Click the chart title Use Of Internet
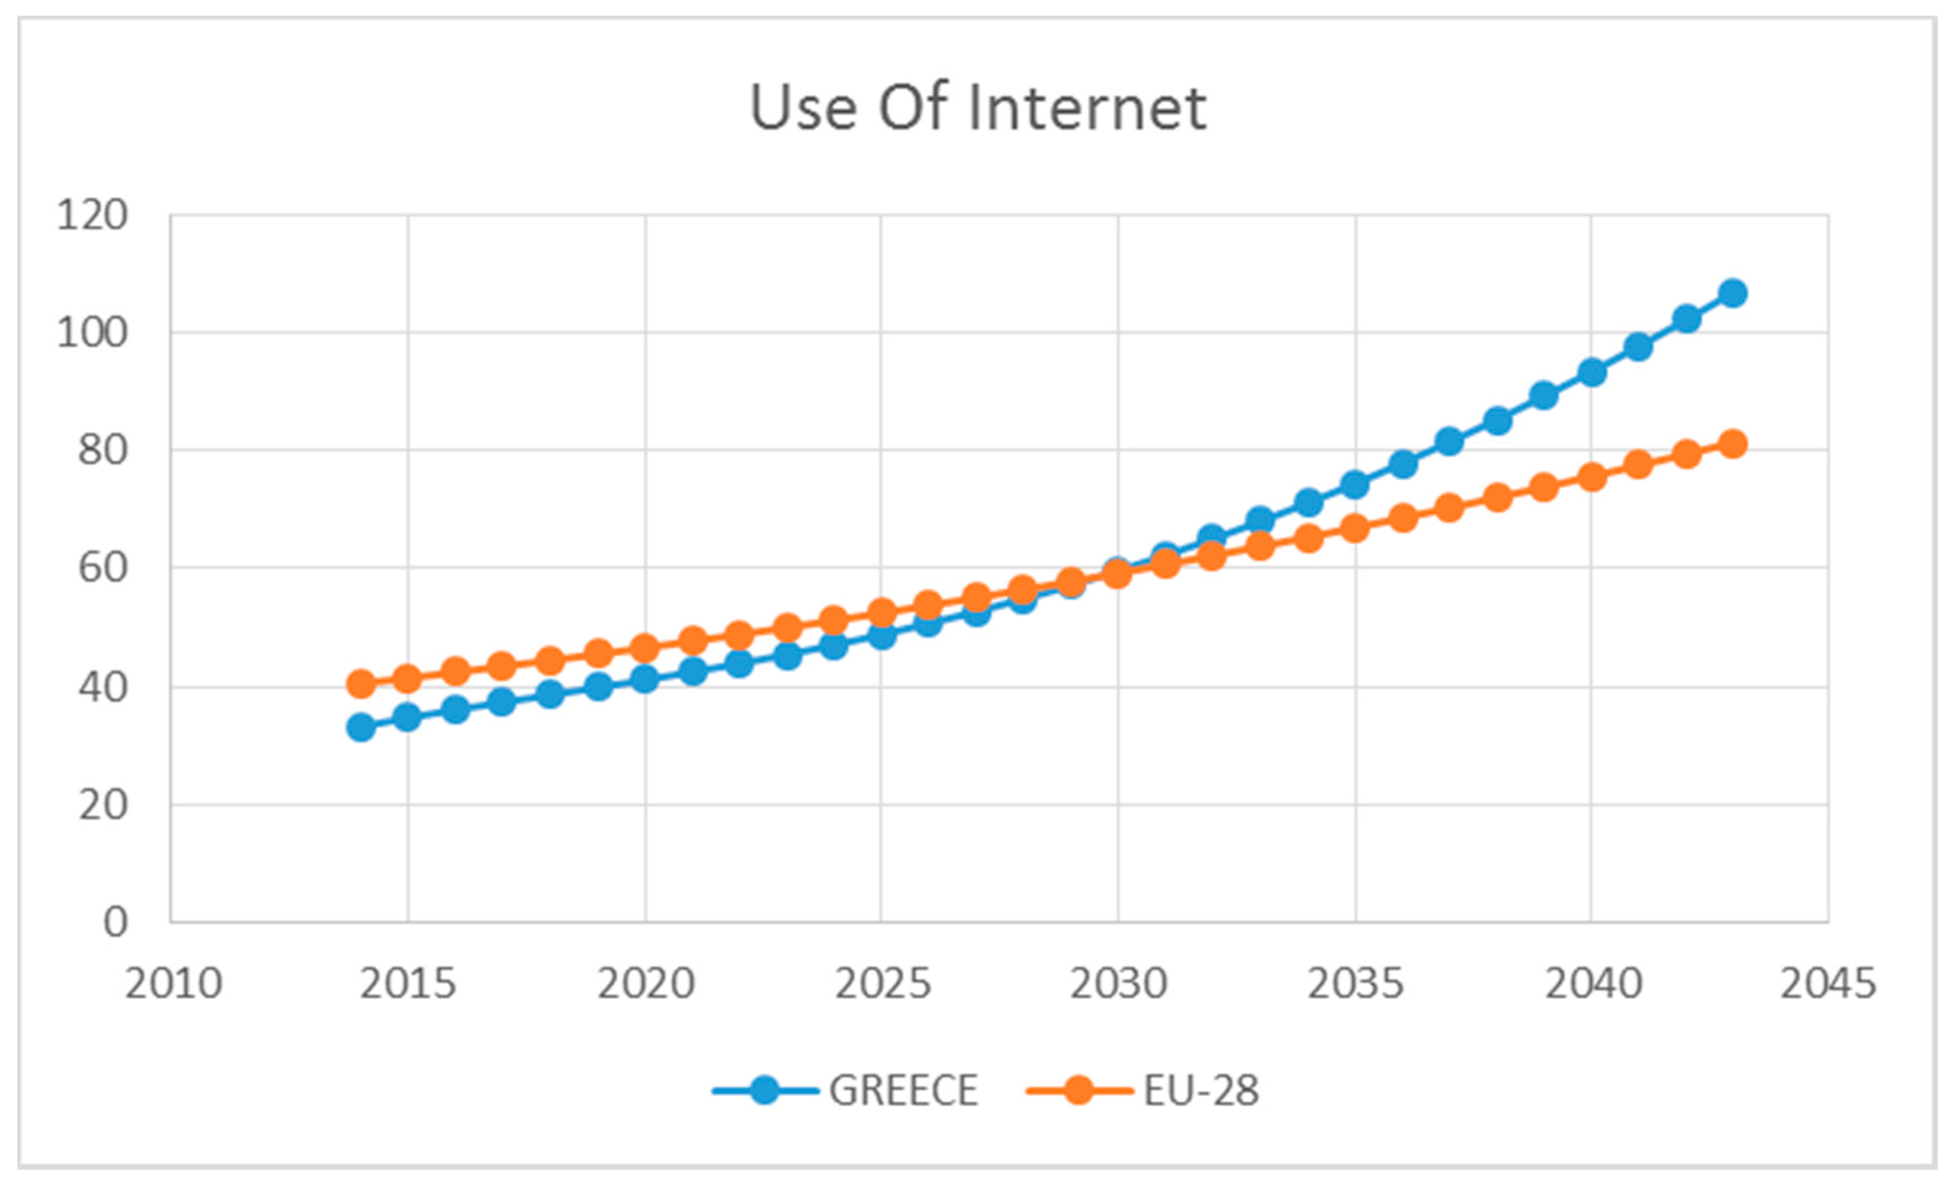click(977, 108)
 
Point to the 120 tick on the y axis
click(92, 215)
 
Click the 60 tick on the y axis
click(102, 567)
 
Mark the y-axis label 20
click(102, 806)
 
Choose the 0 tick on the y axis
click(115, 922)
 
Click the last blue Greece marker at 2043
click(1733, 293)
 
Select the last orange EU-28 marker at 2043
click(1733, 444)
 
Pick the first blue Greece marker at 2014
click(361, 727)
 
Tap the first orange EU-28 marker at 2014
click(361, 684)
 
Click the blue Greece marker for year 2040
click(1591, 372)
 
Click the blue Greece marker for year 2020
click(645, 679)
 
